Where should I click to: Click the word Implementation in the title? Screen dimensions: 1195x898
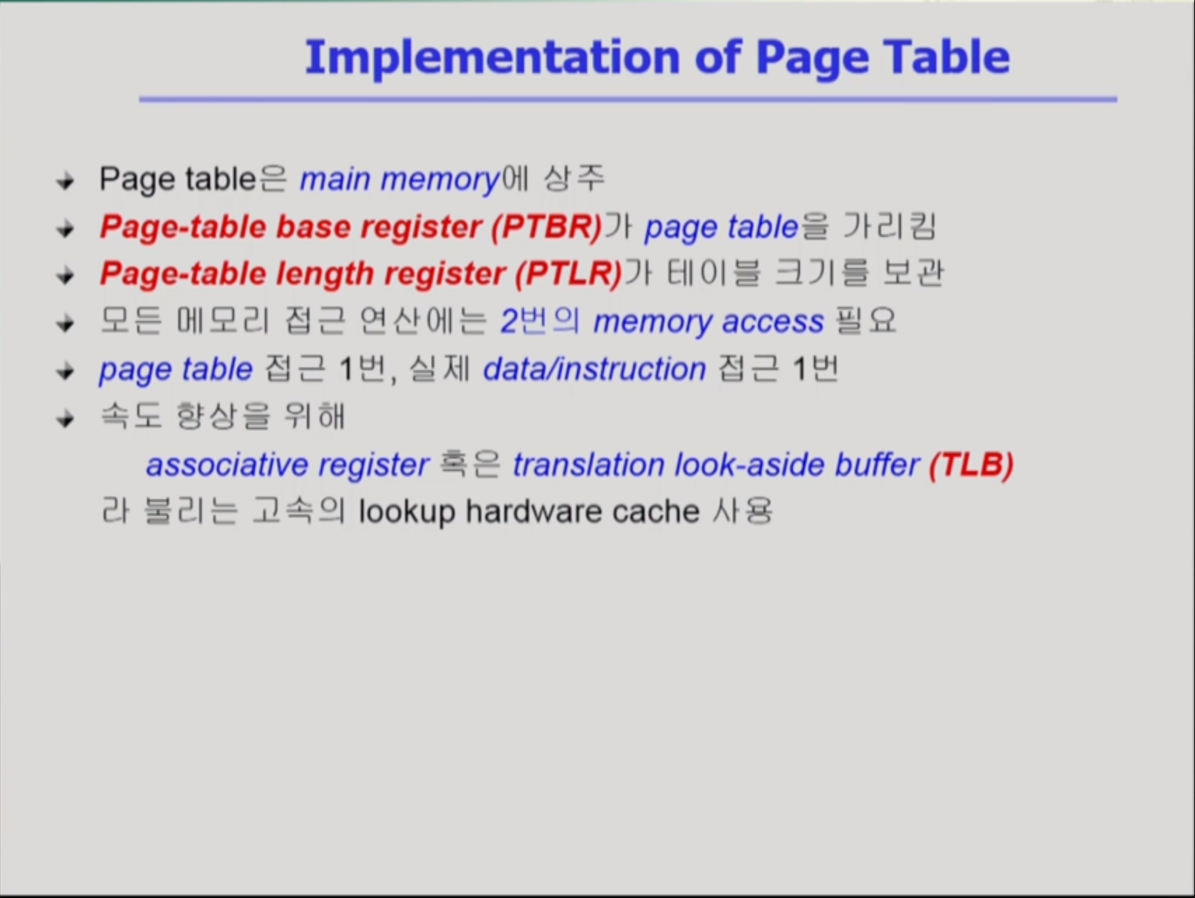tap(492, 58)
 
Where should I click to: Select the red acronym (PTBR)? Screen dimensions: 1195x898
tap(546, 227)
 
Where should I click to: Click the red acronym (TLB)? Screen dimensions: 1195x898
tap(972, 465)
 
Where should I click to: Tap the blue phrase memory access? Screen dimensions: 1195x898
tap(708, 322)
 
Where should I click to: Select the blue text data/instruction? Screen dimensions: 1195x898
tap(595, 369)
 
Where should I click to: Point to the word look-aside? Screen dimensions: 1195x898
tap(749, 465)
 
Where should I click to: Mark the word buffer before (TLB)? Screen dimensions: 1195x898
tap(877, 465)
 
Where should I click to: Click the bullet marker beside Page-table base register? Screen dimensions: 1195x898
tap(66, 229)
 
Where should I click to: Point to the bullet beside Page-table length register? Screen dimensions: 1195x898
tap(66, 275)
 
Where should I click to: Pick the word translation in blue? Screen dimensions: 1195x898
tap(588, 465)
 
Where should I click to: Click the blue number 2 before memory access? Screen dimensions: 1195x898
tap(509, 322)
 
